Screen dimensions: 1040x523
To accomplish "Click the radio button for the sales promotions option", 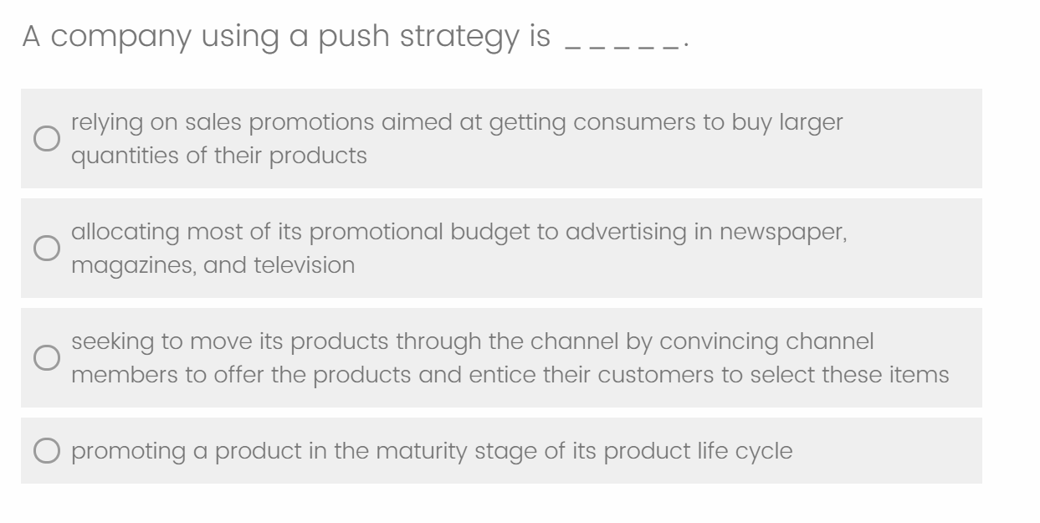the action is pos(47,138).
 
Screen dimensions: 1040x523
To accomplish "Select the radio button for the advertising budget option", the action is pos(47,248).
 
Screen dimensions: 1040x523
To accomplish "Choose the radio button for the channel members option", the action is pos(47,357).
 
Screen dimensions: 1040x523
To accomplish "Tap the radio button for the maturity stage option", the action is pos(47,450).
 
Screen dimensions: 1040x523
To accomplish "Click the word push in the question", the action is pos(354,37).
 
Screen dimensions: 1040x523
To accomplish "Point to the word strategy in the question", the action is pos(459,37).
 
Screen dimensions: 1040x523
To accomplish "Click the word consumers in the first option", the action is pos(634,123).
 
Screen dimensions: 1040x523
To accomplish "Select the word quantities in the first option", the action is pos(125,156).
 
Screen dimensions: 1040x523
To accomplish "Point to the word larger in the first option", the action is pos(811,124).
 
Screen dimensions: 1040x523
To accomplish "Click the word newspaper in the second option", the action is pos(783,233).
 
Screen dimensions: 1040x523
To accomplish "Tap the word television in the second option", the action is pos(304,265).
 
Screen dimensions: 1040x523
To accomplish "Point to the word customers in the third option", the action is pos(655,375).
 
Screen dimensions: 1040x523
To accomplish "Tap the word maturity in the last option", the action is pos(421,452).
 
